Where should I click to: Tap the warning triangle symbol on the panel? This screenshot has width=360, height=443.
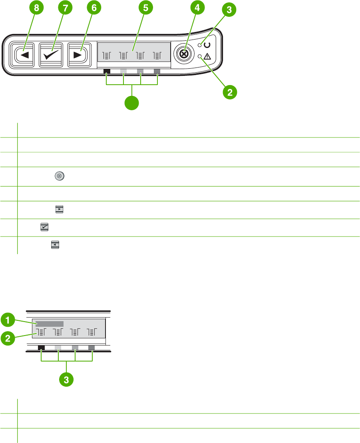pyautogui.click(x=208, y=57)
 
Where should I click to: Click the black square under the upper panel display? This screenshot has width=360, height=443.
pyautogui.click(x=107, y=72)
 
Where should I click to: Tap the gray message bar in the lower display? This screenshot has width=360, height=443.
pyautogui.click(x=50, y=324)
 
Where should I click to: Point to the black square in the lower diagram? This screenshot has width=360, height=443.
pyautogui.click(x=41, y=348)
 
